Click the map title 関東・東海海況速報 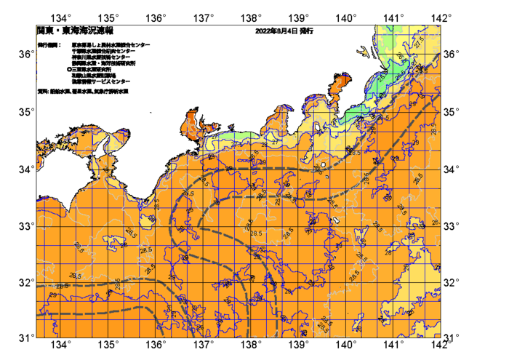click(75, 31)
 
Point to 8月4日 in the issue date click(286, 31)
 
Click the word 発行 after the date click(305, 31)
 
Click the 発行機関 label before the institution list click(49, 45)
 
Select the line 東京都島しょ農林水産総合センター click(111, 45)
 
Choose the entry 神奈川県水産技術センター click(102, 57)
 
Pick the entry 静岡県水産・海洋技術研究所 click(103, 63)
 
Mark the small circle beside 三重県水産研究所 click(69, 69)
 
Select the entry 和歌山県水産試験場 click(94, 75)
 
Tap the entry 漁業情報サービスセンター click(101, 81)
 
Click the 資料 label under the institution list click(43, 92)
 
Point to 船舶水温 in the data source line click(60, 92)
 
